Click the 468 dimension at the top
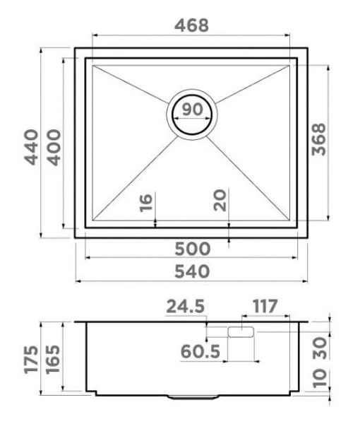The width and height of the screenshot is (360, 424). [191, 25]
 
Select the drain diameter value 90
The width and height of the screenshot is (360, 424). [191, 110]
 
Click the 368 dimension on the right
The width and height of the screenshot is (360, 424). [319, 141]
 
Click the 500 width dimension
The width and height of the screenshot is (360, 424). [191, 249]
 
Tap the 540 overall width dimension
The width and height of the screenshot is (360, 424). [191, 271]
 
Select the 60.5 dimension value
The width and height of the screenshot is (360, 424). [201, 351]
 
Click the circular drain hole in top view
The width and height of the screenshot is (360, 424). [191, 115]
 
